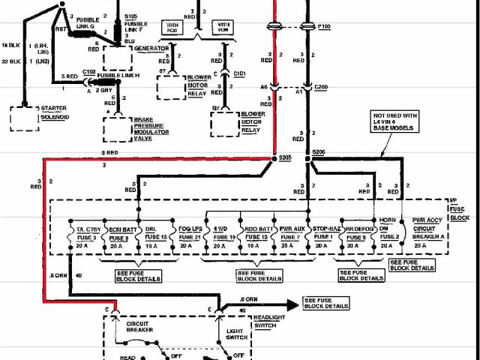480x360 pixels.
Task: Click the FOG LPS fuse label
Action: (x=190, y=229)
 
